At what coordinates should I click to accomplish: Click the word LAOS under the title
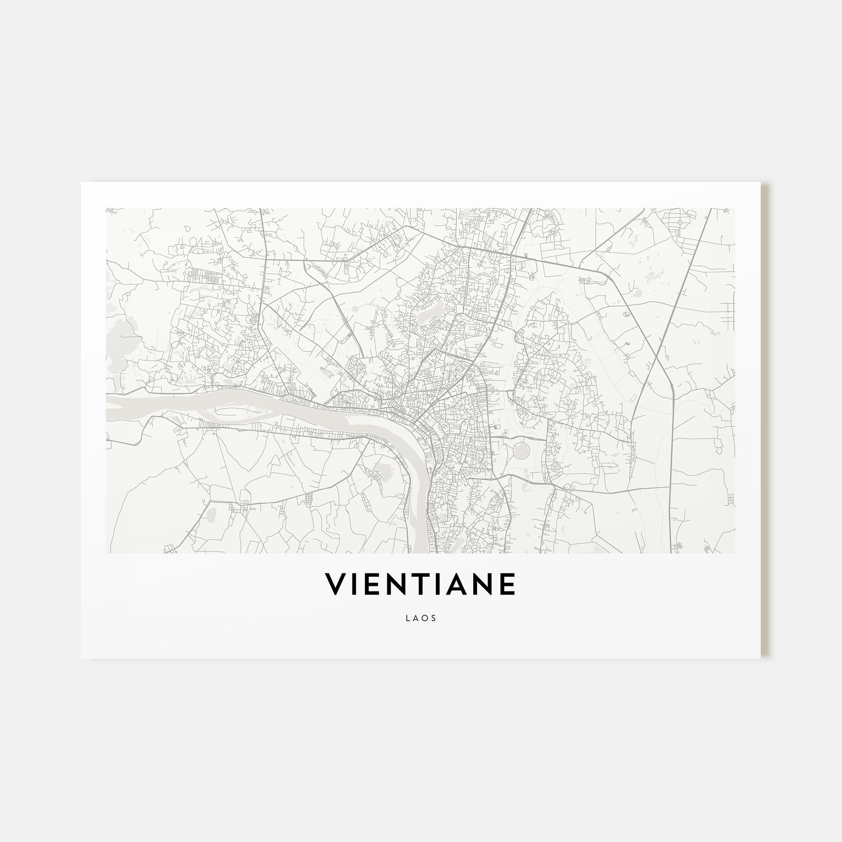coord(421,618)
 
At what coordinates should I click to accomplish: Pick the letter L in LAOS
coord(408,618)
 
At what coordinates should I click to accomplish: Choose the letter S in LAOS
coord(434,618)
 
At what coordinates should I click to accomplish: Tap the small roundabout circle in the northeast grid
coord(680,222)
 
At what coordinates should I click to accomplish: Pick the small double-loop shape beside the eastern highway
coord(628,314)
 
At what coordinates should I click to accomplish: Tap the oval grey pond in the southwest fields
coord(212,514)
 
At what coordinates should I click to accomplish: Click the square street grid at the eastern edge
coord(727,314)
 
